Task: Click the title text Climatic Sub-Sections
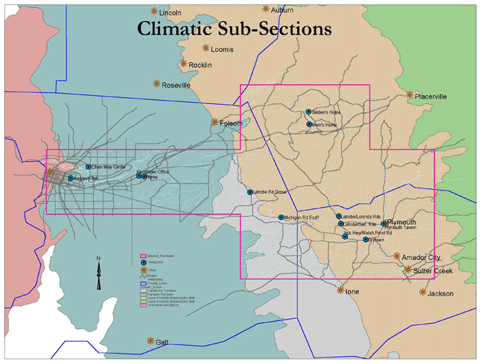click(x=234, y=28)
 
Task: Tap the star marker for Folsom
click(x=214, y=122)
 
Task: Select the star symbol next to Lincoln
click(x=154, y=11)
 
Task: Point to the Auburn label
click(x=283, y=10)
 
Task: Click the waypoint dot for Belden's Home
click(x=308, y=111)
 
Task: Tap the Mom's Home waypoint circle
click(x=309, y=125)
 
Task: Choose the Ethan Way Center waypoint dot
click(x=89, y=167)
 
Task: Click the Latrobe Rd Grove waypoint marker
click(x=250, y=192)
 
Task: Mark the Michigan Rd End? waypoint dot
click(x=281, y=217)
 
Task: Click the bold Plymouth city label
click(x=401, y=222)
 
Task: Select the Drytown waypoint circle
click(x=366, y=240)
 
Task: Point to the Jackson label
click(x=440, y=294)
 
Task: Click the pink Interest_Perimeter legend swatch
click(x=143, y=256)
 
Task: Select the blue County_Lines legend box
click(x=143, y=282)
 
